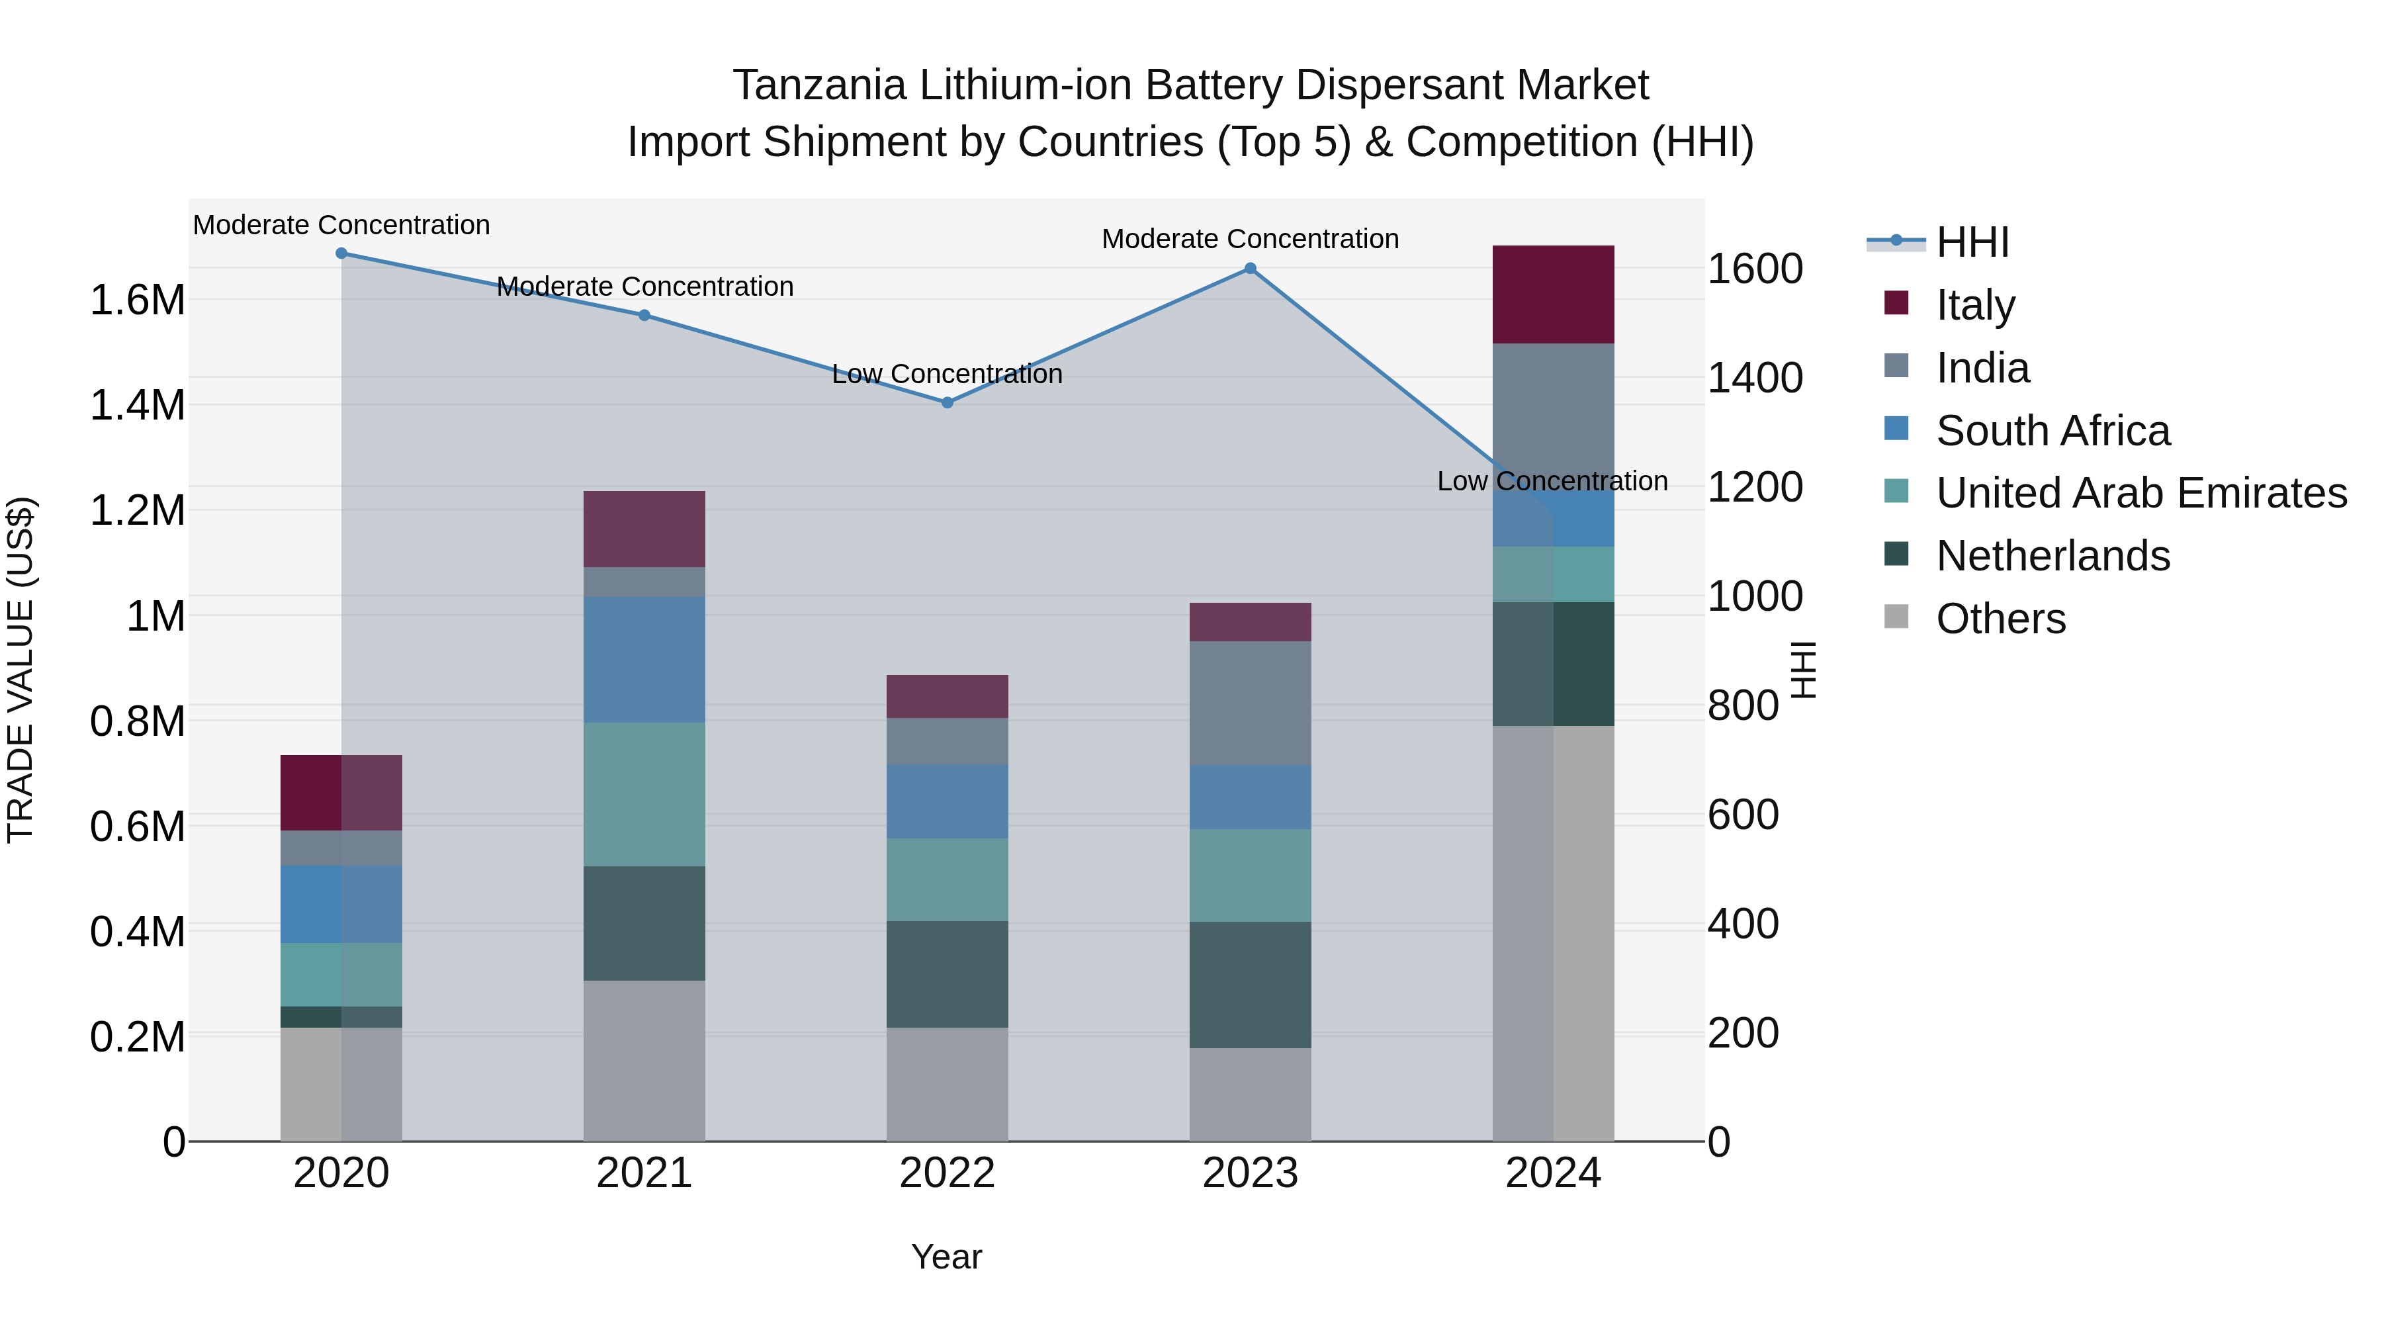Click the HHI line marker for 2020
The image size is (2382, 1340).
341,253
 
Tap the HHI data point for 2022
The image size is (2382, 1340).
947,403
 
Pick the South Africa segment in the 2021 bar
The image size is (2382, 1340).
644,659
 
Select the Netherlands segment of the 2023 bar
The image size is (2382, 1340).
1250,985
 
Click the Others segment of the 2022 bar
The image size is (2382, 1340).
947,1084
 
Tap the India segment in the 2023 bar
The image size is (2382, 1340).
1250,703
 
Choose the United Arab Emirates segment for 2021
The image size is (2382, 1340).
644,794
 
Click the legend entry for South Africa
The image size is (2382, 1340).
2052,431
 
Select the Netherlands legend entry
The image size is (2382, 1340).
2052,557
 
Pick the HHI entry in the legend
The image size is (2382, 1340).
1972,242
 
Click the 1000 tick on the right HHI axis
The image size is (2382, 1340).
1754,596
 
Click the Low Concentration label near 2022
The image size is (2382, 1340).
947,375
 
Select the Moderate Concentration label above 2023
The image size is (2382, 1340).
1250,240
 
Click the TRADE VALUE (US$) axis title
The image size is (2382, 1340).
21,670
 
